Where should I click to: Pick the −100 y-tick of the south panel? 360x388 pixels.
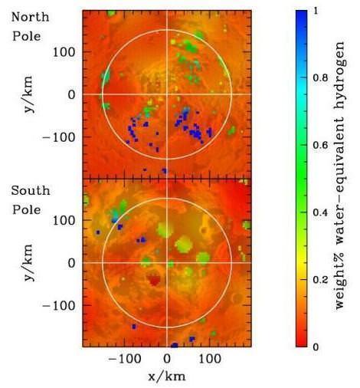[61, 305]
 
